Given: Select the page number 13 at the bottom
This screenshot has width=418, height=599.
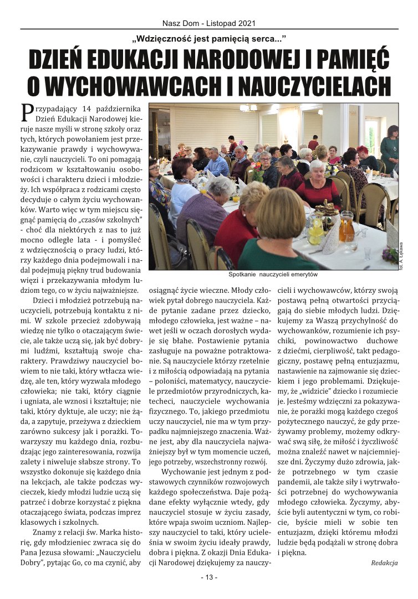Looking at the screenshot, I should click(x=209, y=577).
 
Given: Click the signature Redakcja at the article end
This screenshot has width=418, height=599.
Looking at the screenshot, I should click(x=384, y=562).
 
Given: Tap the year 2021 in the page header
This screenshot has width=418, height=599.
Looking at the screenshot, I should click(x=247, y=23).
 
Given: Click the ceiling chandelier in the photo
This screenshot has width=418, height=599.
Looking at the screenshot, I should click(x=248, y=108).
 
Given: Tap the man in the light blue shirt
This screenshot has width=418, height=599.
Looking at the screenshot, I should click(x=217, y=162).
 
